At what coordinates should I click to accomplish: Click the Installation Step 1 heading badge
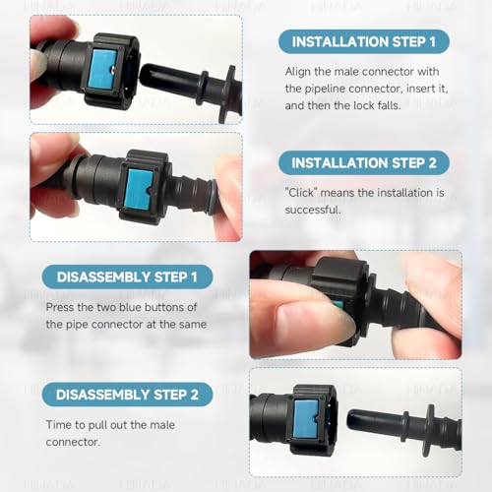364,41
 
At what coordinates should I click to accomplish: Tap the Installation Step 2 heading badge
364,162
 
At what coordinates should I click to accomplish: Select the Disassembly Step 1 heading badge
127,277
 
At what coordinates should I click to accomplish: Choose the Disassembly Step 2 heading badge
127,395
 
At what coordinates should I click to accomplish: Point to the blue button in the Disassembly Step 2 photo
306,419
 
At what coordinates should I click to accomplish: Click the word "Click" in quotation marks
301,193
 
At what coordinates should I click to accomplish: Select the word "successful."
313,210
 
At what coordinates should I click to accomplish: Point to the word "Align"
298,72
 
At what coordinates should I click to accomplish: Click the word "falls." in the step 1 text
390,105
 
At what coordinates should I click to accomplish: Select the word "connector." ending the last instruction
73,442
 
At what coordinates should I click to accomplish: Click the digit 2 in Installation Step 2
432,163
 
